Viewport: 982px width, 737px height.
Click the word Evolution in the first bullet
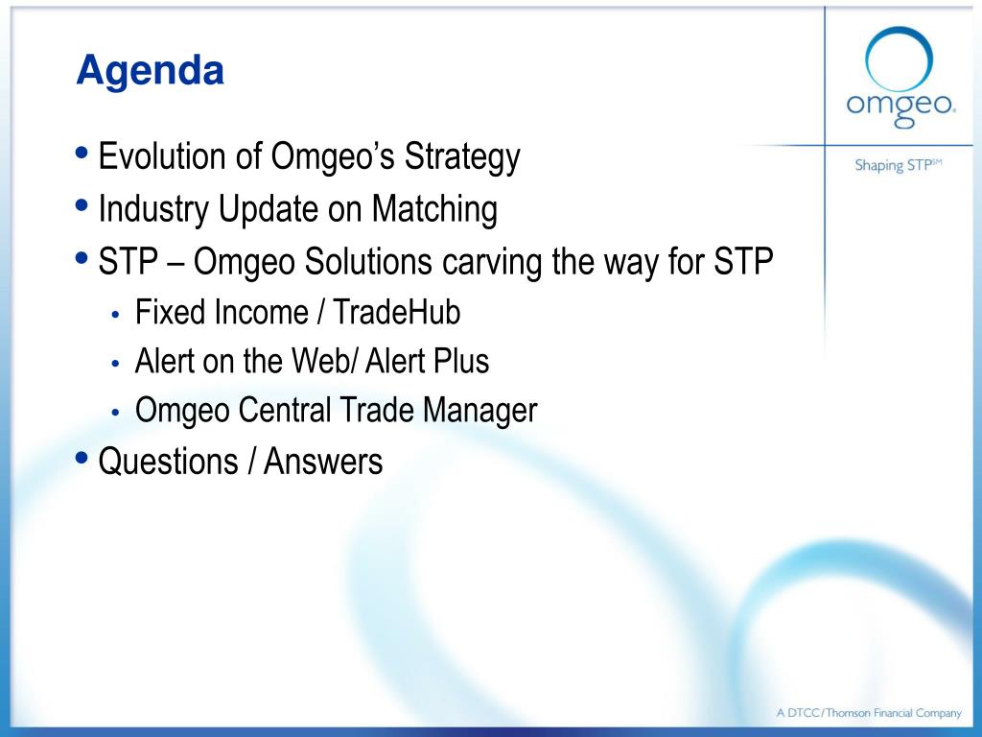click(162, 155)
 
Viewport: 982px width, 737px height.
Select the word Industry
click(153, 210)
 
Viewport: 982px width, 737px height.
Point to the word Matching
click(434, 210)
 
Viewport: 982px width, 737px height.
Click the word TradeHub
click(396, 312)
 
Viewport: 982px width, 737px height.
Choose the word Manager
click(479, 412)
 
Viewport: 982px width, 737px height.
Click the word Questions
click(168, 462)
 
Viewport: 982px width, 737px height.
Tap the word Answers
click(323, 462)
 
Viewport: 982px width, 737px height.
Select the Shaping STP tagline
click(898, 165)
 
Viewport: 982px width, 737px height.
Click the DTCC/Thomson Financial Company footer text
click(869, 713)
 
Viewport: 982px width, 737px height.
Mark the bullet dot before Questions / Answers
click(82, 456)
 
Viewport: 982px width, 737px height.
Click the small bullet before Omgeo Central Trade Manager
click(115, 413)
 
